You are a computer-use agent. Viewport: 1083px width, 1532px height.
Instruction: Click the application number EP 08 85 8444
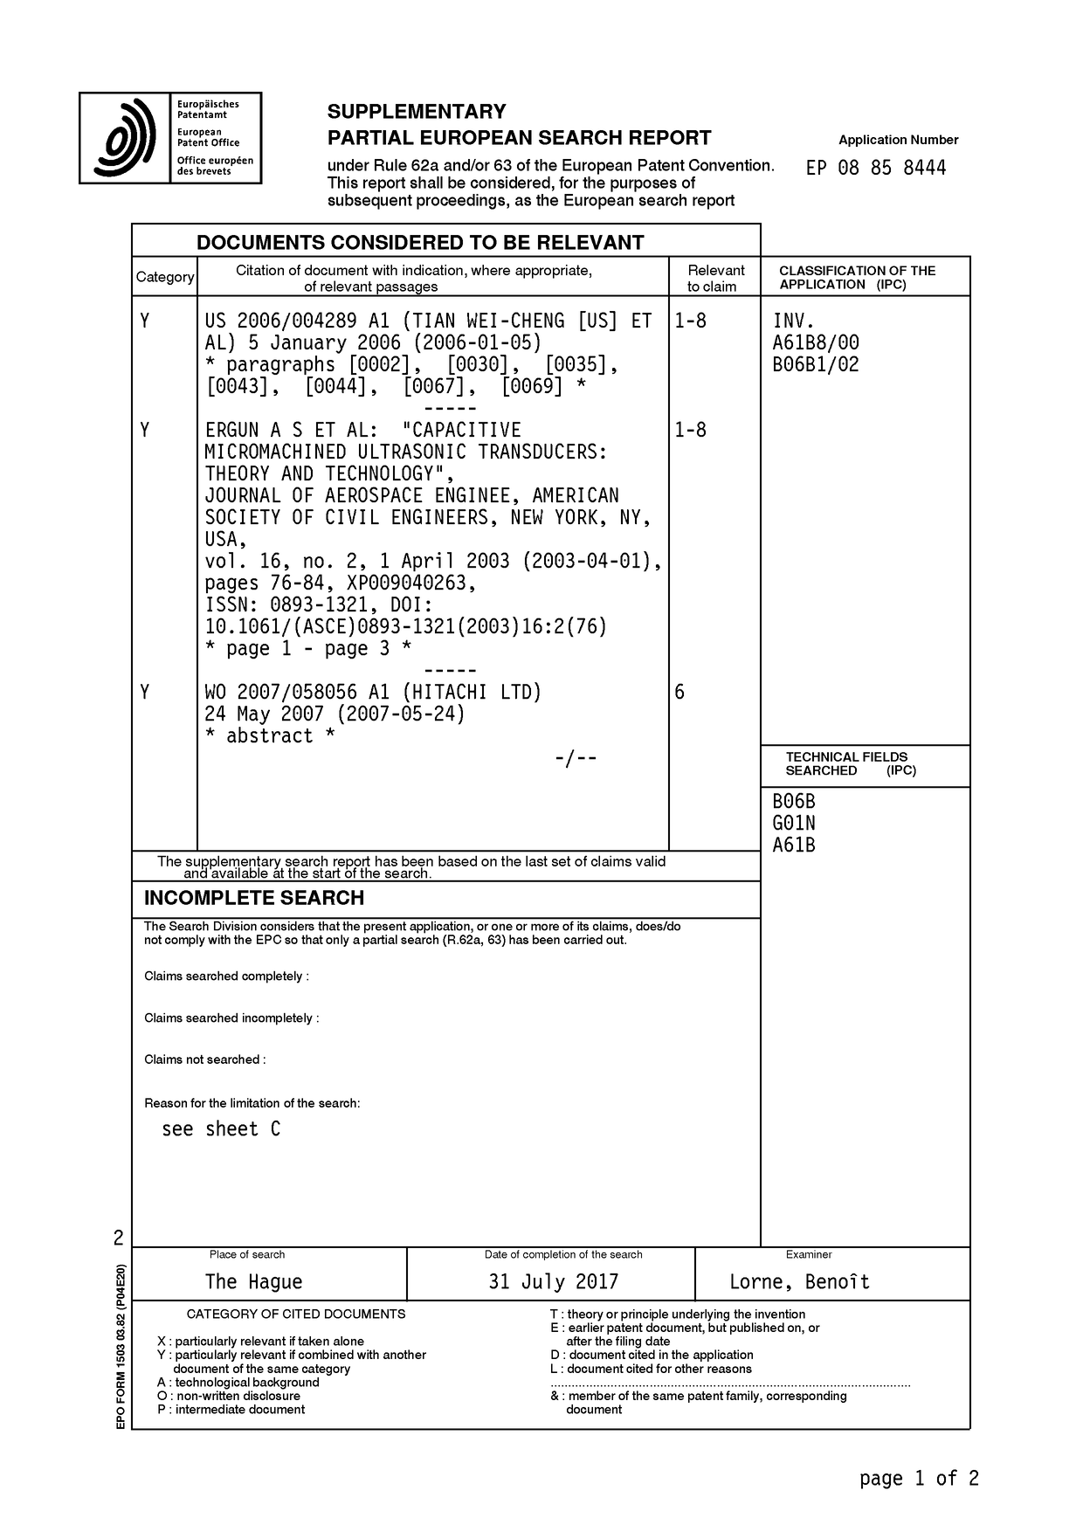(x=875, y=168)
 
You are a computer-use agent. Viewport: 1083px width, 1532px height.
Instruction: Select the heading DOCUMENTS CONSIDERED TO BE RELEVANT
(x=420, y=242)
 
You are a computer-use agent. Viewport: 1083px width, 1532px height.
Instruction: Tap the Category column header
(x=164, y=277)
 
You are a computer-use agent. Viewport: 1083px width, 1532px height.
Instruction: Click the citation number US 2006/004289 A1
(x=297, y=321)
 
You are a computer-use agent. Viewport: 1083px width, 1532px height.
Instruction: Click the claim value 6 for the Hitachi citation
(x=679, y=693)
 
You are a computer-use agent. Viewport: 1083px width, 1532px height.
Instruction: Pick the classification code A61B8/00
(x=816, y=342)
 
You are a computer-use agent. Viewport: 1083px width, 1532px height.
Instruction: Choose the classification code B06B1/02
(x=816, y=364)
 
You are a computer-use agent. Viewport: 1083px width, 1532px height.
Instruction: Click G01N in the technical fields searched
(x=794, y=823)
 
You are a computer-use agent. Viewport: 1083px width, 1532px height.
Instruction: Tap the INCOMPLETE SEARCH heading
(x=253, y=898)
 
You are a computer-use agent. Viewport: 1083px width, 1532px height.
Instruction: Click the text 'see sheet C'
(x=221, y=1129)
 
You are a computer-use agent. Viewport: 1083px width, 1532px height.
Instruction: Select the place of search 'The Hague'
(x=253, y=1281)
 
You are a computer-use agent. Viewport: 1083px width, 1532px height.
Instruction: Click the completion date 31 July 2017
(x=553, y=1281)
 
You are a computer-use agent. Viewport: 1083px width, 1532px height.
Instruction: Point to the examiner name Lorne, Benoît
(x=799, y=1281)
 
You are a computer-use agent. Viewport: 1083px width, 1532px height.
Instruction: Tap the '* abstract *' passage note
(x=269, y=736)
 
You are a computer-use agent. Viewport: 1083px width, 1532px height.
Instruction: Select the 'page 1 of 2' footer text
(x=919, y=1478)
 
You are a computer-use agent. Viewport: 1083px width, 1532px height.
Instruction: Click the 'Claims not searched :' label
(x=204, y=1059)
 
